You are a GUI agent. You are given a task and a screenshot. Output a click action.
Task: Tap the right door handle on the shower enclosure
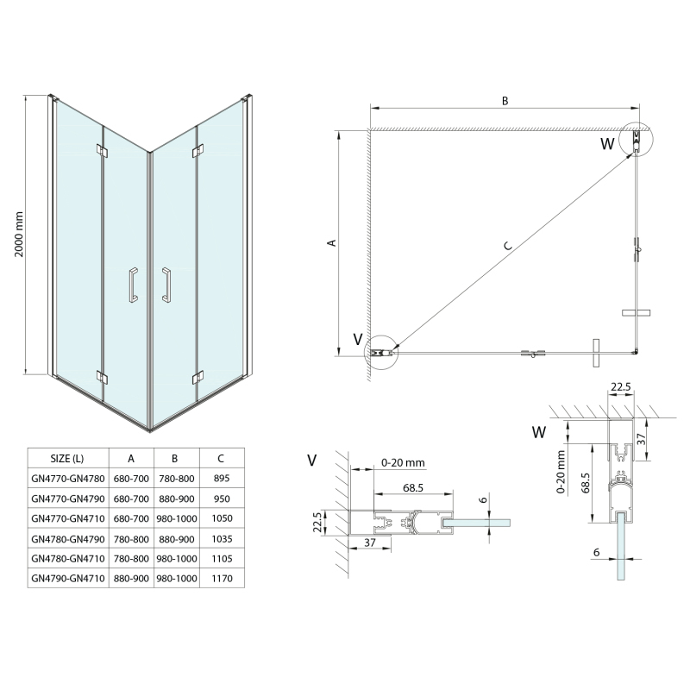coord(165,285)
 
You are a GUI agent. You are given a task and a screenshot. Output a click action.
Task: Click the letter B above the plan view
coord(505,101)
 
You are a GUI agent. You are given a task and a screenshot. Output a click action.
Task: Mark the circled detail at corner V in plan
coord(379,351)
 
